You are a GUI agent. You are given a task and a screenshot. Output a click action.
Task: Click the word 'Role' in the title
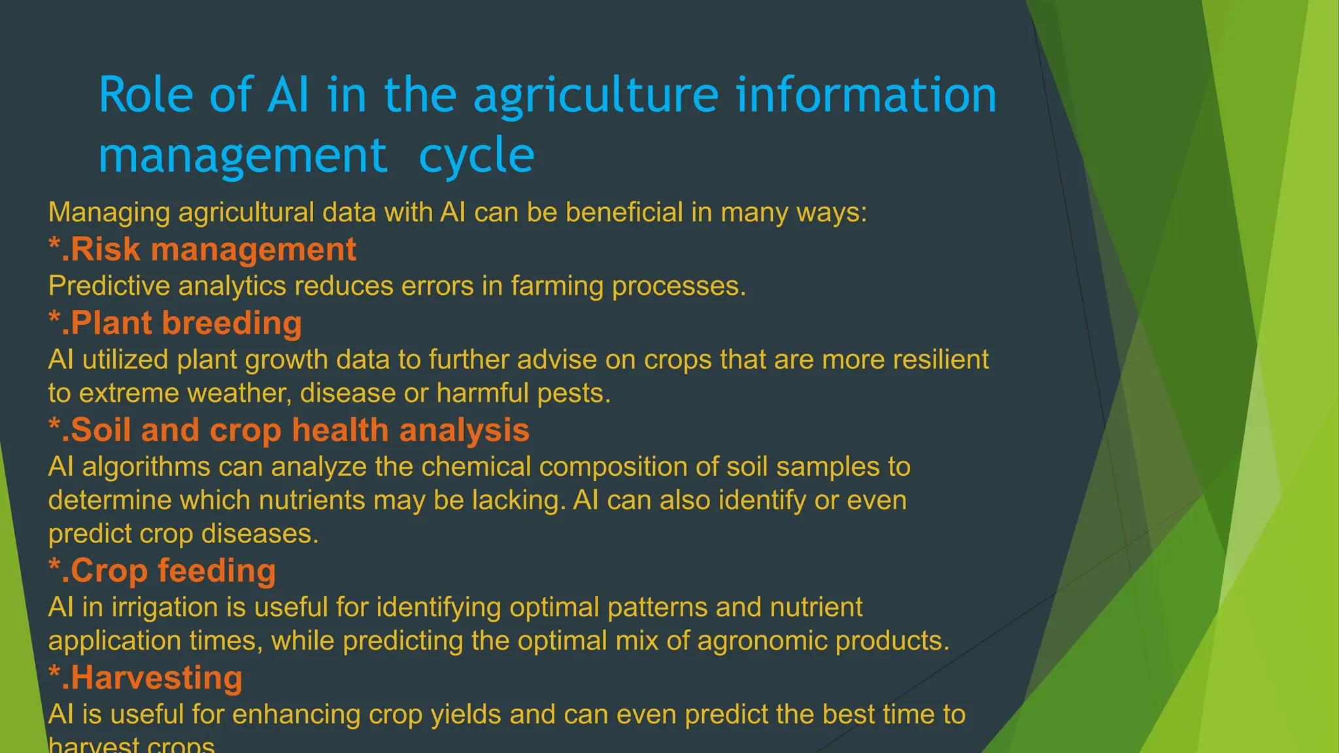[x=146, y=95]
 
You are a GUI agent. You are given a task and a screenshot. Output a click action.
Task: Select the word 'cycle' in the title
[x=477, y=157]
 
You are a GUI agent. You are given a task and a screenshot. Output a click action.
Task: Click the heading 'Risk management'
[x=203, y=250]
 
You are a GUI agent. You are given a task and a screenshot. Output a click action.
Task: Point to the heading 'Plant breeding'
[x=175, y=324]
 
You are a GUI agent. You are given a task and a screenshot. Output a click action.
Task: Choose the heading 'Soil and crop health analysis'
[x=289, y=430]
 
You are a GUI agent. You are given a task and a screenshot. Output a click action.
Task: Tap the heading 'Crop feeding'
[x=162, y=571]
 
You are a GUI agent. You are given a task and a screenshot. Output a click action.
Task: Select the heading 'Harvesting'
[x=146, y=678]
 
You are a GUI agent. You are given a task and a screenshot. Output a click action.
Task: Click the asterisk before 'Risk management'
[x=54, y=244]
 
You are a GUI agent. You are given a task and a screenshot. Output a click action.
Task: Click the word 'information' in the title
[x=866, y=95]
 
